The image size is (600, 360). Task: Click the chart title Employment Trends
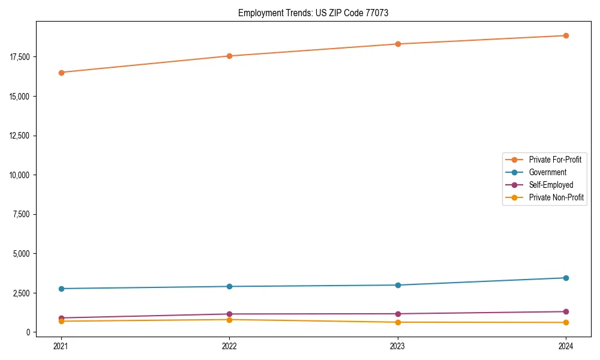(313, 13)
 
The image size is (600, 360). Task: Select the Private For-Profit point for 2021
(61, 73)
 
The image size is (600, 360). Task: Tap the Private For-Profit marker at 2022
(229, 56)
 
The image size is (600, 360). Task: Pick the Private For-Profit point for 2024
(566, 35)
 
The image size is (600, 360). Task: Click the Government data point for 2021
(61, 289)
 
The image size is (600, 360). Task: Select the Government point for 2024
(566, 278)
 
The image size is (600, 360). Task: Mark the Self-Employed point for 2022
(229, 314)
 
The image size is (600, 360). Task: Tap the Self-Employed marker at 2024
(566, 311)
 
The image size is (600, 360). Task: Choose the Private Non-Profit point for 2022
(229, 320)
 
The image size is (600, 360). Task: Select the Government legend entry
(547, 172)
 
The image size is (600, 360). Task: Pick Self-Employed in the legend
(551, 185)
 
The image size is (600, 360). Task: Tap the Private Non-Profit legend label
(556, 197)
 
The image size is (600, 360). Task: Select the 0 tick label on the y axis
(28, 332)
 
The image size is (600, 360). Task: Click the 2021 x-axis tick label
(61, 346)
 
